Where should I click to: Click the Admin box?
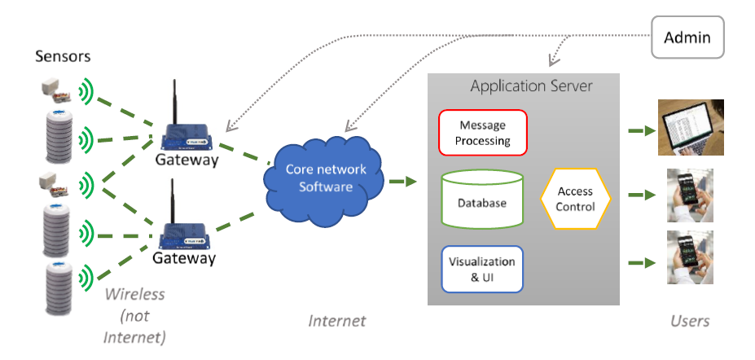[x=687, y=38]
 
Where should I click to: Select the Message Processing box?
[x=483, y=133]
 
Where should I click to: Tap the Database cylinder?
[x=481, y=201]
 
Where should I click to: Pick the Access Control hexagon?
[x=575, y=200]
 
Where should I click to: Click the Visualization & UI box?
[x=482, y=269]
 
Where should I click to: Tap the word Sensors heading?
[x=63, y=56]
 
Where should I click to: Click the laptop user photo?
[x=691, y=127]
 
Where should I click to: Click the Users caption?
[x=689, y=320]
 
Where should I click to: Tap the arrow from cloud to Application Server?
[x=402, y=181]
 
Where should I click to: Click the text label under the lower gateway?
[x=184, y=259]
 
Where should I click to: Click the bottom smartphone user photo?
[x=690, y=257]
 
